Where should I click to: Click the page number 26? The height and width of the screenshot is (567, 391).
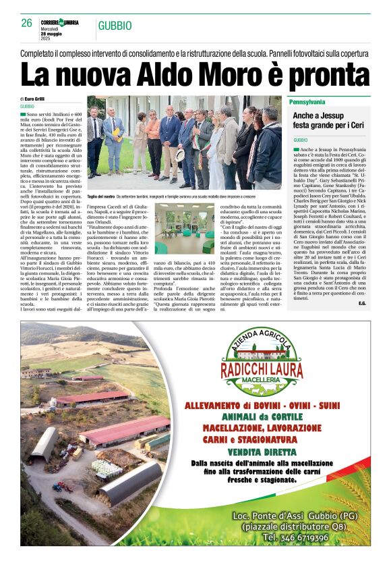27,23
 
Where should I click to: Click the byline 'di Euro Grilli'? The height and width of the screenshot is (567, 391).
32,99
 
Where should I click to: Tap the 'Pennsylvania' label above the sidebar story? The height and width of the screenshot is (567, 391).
307,102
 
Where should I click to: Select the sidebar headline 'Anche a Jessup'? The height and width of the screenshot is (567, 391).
318,116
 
